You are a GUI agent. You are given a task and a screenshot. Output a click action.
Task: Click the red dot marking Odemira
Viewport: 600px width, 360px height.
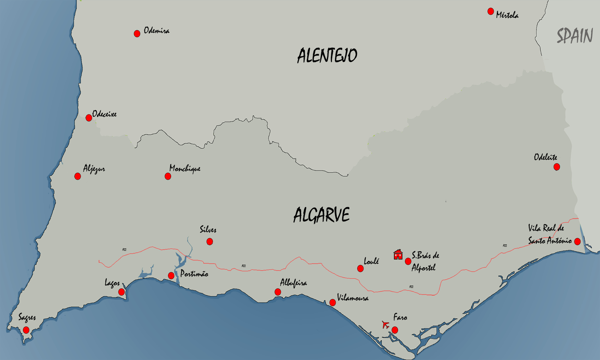click(x=137, y=34)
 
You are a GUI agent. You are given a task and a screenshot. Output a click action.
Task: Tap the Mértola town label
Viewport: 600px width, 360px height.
click(x=507, y=15)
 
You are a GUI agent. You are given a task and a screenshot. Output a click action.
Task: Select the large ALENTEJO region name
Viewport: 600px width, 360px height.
click(x=327, y=56)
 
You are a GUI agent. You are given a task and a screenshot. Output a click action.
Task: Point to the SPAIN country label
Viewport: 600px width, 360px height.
click(x=575, y=36)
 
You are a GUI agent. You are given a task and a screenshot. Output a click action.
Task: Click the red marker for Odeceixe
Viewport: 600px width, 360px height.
click(x=89, y=118)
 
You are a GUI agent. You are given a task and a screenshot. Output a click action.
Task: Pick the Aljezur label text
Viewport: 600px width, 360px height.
click(x=94, y=169)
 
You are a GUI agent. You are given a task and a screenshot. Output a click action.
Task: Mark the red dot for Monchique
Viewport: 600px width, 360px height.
click(x=168, y=176)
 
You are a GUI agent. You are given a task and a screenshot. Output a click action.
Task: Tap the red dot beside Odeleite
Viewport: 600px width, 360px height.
click(x=557, y=167)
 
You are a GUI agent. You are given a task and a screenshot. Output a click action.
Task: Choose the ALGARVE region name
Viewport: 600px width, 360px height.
click(x=321, y=215)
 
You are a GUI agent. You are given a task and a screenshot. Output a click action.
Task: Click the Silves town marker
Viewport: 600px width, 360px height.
click(x=210, y=242)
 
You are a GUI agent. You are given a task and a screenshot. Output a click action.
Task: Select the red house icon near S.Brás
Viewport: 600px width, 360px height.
click(x=398, y=254)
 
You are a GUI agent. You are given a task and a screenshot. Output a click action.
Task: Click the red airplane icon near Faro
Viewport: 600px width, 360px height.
click(x=385, y=324)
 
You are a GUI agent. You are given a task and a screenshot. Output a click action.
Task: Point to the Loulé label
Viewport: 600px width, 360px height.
click(x=371, y=261)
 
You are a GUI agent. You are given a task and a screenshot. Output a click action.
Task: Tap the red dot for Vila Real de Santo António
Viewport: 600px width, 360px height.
click(x=577, y=241)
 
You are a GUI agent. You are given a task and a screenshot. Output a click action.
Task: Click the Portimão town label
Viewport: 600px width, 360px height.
click(x=194, y=274)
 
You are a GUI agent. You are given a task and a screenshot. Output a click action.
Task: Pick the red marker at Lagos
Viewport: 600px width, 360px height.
click(x=121, y=292)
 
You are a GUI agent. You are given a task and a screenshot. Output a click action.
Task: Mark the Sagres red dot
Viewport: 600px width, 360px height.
click(x=26, y=331)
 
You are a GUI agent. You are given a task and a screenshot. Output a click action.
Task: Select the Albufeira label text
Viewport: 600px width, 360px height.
click(x=293, y=283)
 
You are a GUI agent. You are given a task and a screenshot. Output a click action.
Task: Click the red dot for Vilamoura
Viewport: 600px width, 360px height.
click(x=333, y=302)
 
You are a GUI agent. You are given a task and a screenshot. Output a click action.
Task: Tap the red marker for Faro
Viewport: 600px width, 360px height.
click(x=395, y=330)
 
